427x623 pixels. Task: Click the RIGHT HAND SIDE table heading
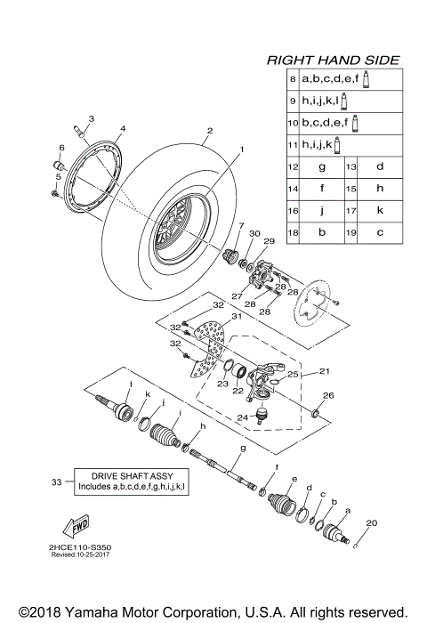click(x=334, y=61)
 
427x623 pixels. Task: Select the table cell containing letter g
click(x=321, y=167)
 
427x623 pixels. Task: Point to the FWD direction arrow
click(x=77, y=524)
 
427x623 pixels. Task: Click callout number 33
click(x=57, y=481)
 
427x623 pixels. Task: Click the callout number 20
click(x=372, y=522)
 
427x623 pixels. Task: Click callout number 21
click(x=323, y=372)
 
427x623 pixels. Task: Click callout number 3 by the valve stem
click(x=91, y=118)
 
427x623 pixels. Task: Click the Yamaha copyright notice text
click(x=213, y=611)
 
